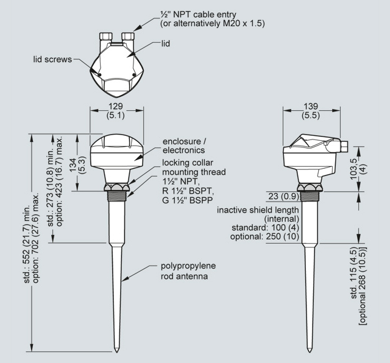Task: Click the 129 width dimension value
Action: (116, 105)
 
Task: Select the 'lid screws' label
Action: (52, 60)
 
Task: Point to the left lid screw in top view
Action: (99, 74)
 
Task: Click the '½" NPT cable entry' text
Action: (194, 14)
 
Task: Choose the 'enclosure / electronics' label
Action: (184, 146)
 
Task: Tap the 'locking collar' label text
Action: (187, 164)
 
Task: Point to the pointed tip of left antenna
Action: (116, 350)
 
